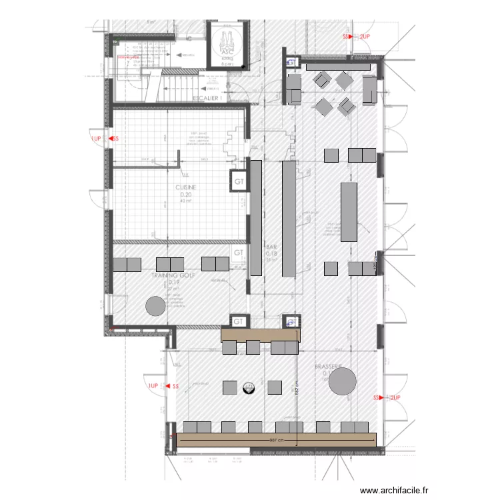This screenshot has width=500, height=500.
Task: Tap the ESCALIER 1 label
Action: (207, 99)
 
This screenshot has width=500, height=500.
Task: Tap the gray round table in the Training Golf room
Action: (155, 306)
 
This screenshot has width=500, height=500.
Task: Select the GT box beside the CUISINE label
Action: (239, 181)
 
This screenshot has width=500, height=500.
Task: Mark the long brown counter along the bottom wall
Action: (277, 439)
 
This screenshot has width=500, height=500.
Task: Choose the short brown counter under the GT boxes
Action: (260, 334)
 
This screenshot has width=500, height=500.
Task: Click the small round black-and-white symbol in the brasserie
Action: (249, 387)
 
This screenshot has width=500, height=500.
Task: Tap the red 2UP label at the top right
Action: (365, 37)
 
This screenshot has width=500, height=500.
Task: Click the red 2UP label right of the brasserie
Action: (394, 397)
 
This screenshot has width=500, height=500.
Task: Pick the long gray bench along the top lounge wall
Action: (337, 66)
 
